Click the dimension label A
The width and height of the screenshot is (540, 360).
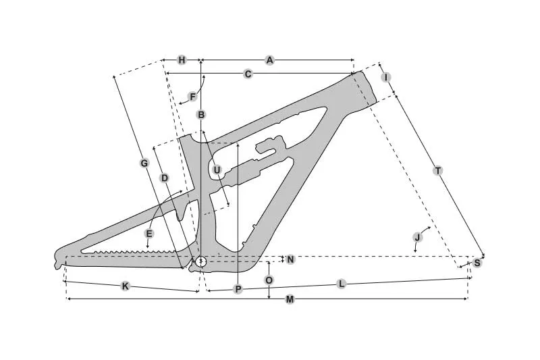point(269,60)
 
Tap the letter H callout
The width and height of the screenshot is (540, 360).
point(182,60)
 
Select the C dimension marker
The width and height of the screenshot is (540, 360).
point(248,74)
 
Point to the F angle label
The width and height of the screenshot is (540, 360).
point(192,97)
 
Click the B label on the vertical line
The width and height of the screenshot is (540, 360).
point(201,115)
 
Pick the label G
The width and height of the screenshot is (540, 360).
point(144,163)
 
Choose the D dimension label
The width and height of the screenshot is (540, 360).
point(165,178)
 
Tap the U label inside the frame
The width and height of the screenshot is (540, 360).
point(217,170)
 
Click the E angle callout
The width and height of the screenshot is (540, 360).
point(148,234)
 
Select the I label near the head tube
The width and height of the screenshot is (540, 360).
point(386,78)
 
